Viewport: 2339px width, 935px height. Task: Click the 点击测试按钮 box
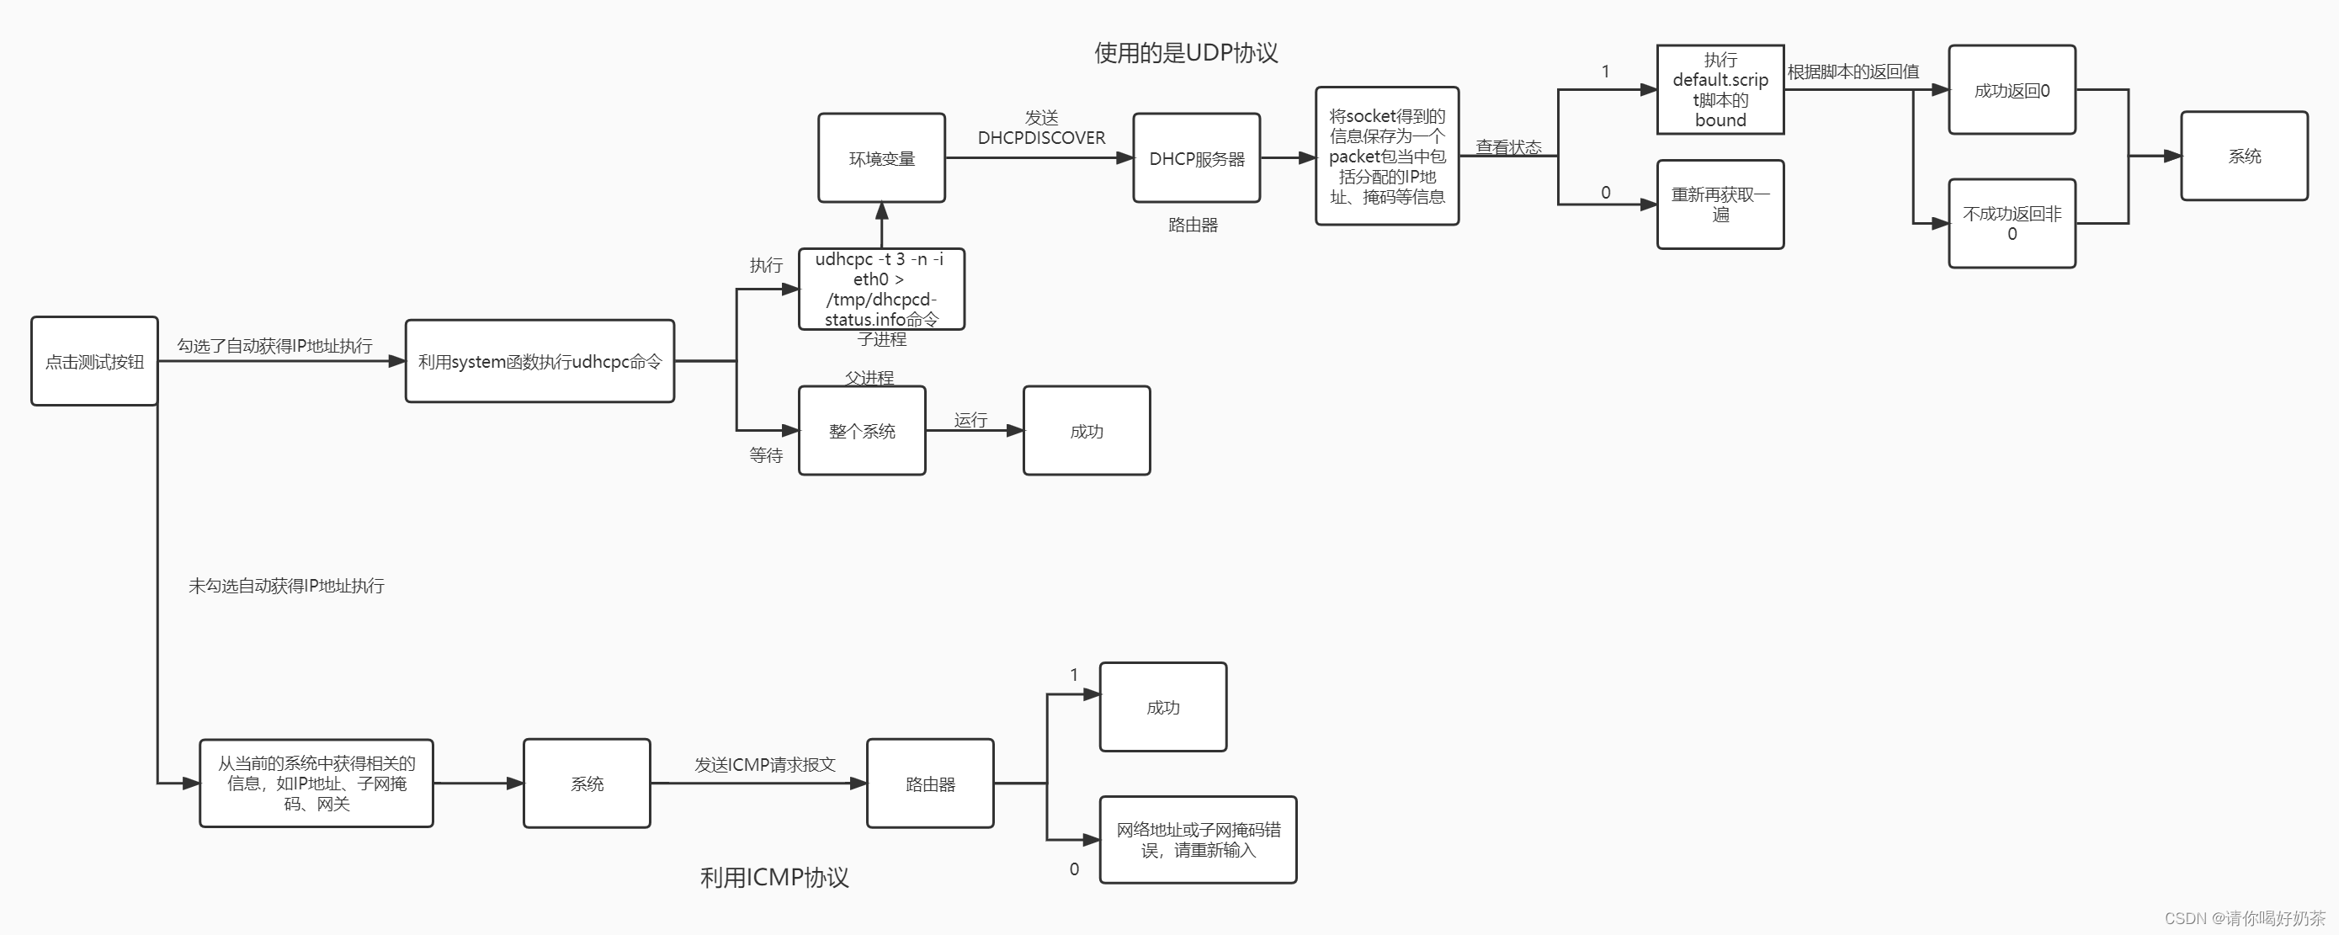94,361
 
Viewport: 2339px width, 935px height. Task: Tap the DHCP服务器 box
1196,158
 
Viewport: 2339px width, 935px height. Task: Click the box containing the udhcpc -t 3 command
880,289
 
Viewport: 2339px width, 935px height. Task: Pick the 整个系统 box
862,430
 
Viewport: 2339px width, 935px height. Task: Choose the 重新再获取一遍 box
1720,205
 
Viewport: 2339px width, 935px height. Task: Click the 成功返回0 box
2012,90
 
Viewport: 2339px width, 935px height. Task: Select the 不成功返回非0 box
2012,223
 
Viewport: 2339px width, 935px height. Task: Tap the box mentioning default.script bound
1720,90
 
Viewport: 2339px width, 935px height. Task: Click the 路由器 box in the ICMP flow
930,784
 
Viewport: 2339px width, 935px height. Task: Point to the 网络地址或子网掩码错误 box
1198,840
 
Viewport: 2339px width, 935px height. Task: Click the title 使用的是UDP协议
1186,53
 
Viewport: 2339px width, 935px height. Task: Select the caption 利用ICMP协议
773,877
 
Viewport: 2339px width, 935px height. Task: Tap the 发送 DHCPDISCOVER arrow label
1040,128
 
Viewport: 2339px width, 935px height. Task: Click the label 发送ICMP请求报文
764,764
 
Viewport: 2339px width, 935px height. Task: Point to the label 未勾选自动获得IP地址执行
286,586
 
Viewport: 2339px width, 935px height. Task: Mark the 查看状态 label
1507,147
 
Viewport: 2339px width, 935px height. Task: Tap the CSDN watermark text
2245,918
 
